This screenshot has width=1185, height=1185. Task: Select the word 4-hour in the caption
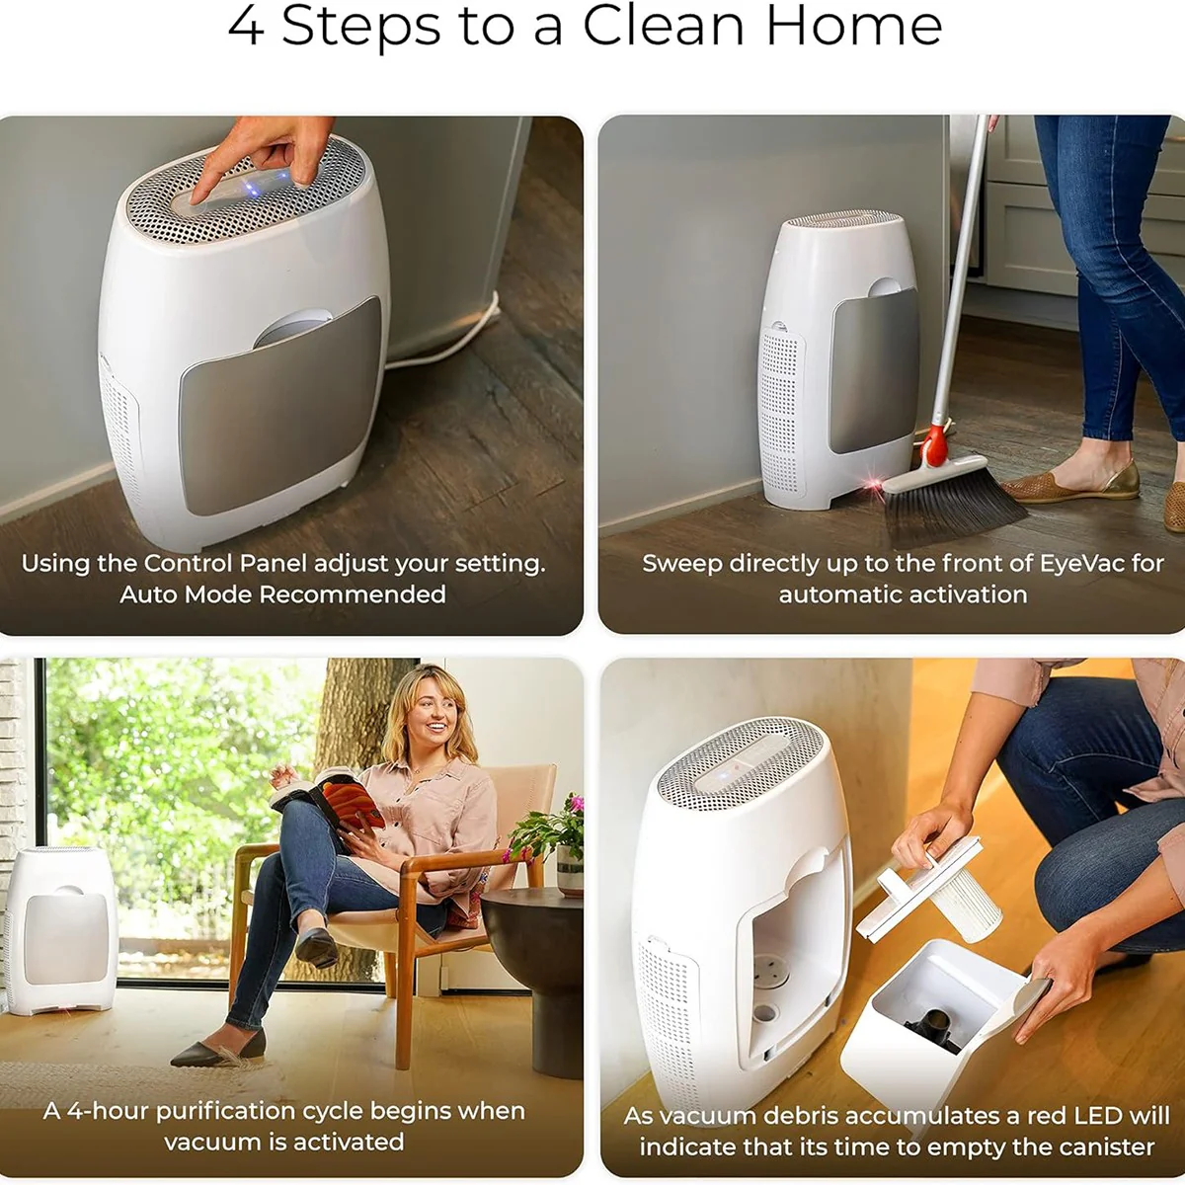coord(107,1111)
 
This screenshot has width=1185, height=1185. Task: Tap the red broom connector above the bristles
coord(934,446)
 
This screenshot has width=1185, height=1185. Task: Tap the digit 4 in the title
coord(245,27)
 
